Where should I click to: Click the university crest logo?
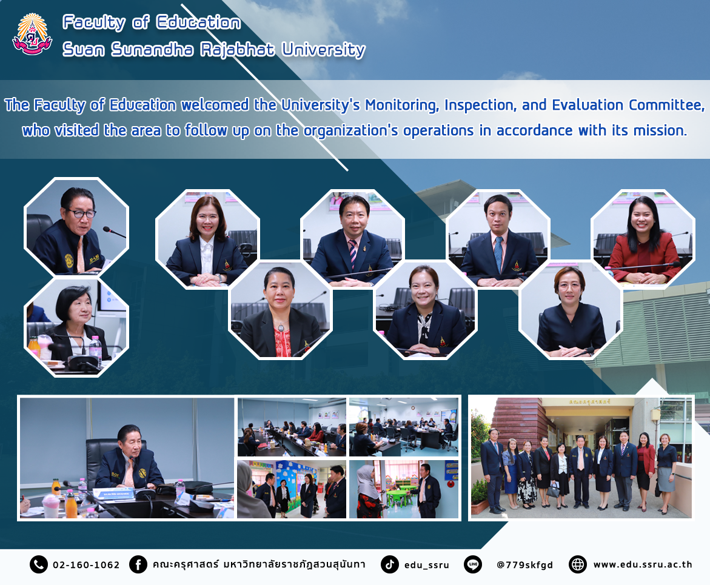pos(32,35)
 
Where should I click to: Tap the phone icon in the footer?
pos(38,564)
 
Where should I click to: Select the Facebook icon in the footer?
pos(138,564)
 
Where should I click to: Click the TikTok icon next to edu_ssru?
pos(389,564)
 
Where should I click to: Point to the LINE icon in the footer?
pos(473,564)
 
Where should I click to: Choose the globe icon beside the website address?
pos(578,564)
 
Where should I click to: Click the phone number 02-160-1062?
pos(86,564)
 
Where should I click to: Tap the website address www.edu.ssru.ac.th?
pos(643,564)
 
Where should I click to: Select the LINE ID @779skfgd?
pos(525,564)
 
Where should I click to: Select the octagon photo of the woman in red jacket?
pos(643,239)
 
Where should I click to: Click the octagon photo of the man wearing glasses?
pos(76,226)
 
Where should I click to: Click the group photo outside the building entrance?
pos(581,458)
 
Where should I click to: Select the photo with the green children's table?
pos(403,489)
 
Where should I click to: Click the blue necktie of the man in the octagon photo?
pos(498,254)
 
